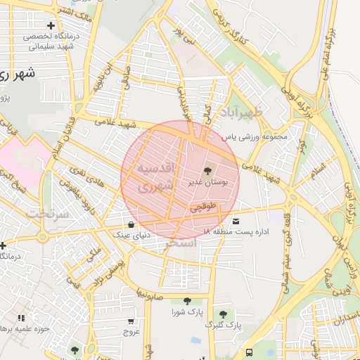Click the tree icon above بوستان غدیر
(x=207, y=171)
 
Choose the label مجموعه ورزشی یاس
(x=255, y=136)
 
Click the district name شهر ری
(x=18, y=73)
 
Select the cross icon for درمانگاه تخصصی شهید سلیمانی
(x=51, y=26)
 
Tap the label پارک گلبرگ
(x=223, y=326)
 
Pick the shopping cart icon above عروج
(x=130, y=320)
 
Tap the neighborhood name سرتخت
(x=47, y=212)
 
